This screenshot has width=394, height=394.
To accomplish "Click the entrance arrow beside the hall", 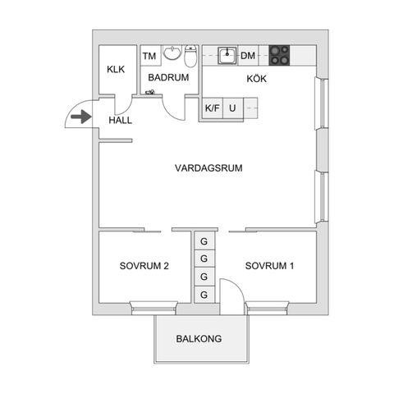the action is pos(81,117).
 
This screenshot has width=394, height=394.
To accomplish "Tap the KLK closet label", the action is pos(116,69).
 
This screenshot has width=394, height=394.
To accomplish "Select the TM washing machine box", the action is pos(150,56).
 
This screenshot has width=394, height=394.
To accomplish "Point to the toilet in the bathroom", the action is pos(190,56).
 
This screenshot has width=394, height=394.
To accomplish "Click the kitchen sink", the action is pos(227,56).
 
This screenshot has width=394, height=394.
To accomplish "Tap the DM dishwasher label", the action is pos(248,56).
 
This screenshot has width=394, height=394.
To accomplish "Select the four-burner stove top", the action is pos(279,56).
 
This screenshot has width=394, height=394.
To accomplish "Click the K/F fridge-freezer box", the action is pos(213,108).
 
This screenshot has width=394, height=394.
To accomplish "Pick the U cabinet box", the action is pos(233,108).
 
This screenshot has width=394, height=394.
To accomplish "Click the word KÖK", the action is pos(257,79).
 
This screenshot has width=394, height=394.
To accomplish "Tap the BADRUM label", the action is pos(168,77).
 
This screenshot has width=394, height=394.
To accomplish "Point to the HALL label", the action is pos(121,120).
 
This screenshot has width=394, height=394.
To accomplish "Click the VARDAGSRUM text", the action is pos(208,167).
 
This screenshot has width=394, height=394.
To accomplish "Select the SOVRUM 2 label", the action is pos(144,266).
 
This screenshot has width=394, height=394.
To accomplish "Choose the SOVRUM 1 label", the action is pos(269,266).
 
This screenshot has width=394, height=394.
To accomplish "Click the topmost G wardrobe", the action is pos(204,241).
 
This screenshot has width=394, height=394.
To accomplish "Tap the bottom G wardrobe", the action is pos(204,295).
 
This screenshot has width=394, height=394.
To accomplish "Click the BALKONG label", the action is pos(199,339).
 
